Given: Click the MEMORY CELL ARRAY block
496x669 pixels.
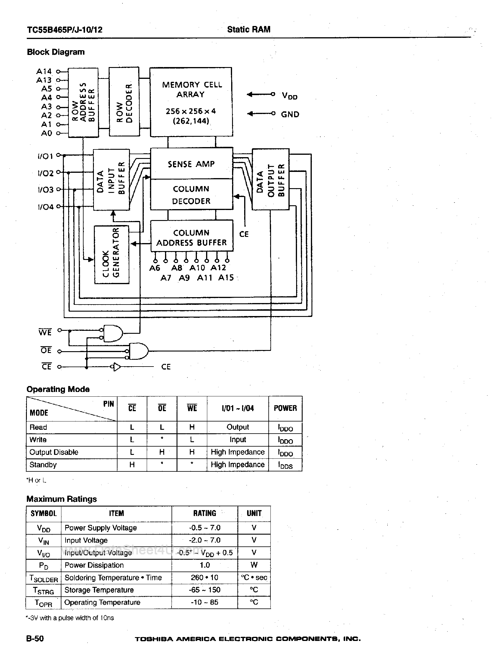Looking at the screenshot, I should [191, 102].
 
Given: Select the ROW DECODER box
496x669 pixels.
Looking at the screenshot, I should [124, 102].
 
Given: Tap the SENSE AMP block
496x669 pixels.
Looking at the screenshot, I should [191, 164].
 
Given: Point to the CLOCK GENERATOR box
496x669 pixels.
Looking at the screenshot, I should [112, 255].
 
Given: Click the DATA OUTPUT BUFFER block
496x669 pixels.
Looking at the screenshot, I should [270, 180].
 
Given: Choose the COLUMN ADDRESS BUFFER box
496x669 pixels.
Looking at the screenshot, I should [192, 237].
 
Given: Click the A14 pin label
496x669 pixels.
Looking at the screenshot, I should [44, 71].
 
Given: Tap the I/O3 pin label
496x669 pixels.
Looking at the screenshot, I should [46, 190].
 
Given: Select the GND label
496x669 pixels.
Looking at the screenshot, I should [290, 115].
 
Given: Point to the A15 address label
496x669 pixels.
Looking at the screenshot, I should [226, 278].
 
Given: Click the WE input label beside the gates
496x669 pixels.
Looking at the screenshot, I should [45, 332].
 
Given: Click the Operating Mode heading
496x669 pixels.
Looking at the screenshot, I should [58, 389].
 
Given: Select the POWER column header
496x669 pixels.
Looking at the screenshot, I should [285, 408].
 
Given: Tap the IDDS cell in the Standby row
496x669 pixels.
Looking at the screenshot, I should [285, 465].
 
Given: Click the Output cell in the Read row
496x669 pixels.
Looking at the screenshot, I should [237, 427].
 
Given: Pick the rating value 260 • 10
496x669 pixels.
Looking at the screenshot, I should [205, 577].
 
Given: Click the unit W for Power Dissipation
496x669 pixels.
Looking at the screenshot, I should [254, 565].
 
